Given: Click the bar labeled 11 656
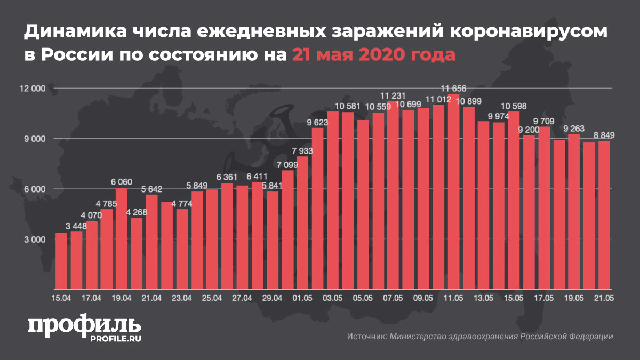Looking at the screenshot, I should [x=454, y=192].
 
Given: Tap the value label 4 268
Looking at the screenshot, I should [x=137, y=212].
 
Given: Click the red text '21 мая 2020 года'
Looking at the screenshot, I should [x=373, y=55].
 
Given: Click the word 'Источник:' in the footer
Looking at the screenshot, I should [x=366, y=337].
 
